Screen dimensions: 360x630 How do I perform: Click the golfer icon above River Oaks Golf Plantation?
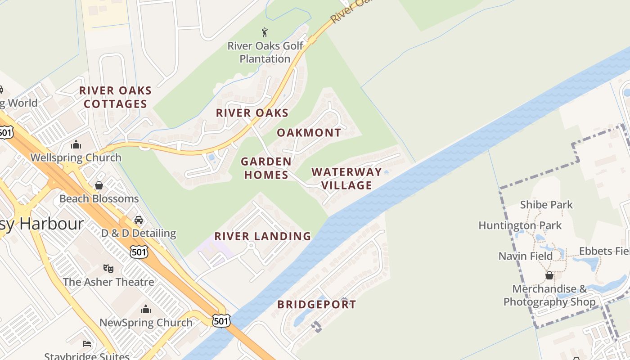coord(265,32)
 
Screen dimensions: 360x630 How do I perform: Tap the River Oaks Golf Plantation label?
coord(265,52)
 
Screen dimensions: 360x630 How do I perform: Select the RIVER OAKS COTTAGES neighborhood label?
coord(116,97)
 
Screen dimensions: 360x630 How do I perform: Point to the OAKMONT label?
coord(309,133)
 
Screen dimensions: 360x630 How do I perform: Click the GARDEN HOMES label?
coord(266,168)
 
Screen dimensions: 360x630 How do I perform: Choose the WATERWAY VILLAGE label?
coord(346,179)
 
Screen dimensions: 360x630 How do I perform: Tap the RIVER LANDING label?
coord(262,236)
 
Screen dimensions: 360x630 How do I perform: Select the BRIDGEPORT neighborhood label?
coord(316,305)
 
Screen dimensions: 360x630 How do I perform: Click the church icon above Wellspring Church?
coord(76,145)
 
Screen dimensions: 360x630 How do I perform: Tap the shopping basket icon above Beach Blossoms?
coord(99,185)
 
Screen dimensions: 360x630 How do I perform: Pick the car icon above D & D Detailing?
coord(139,220)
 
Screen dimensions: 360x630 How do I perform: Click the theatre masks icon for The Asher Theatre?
coord(108,269)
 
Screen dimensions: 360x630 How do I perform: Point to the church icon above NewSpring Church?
coord(146,309)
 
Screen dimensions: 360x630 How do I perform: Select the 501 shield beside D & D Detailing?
coord(139,252)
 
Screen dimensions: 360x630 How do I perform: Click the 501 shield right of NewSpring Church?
coord(221,320)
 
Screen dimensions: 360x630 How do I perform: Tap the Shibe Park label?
coord(546,205)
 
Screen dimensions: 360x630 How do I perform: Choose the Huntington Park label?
coord(520,225)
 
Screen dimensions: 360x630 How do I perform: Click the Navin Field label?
coord(525,256)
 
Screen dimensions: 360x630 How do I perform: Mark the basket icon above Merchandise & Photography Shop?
coord(549,275)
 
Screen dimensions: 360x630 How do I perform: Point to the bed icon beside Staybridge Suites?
coord(87,344)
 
